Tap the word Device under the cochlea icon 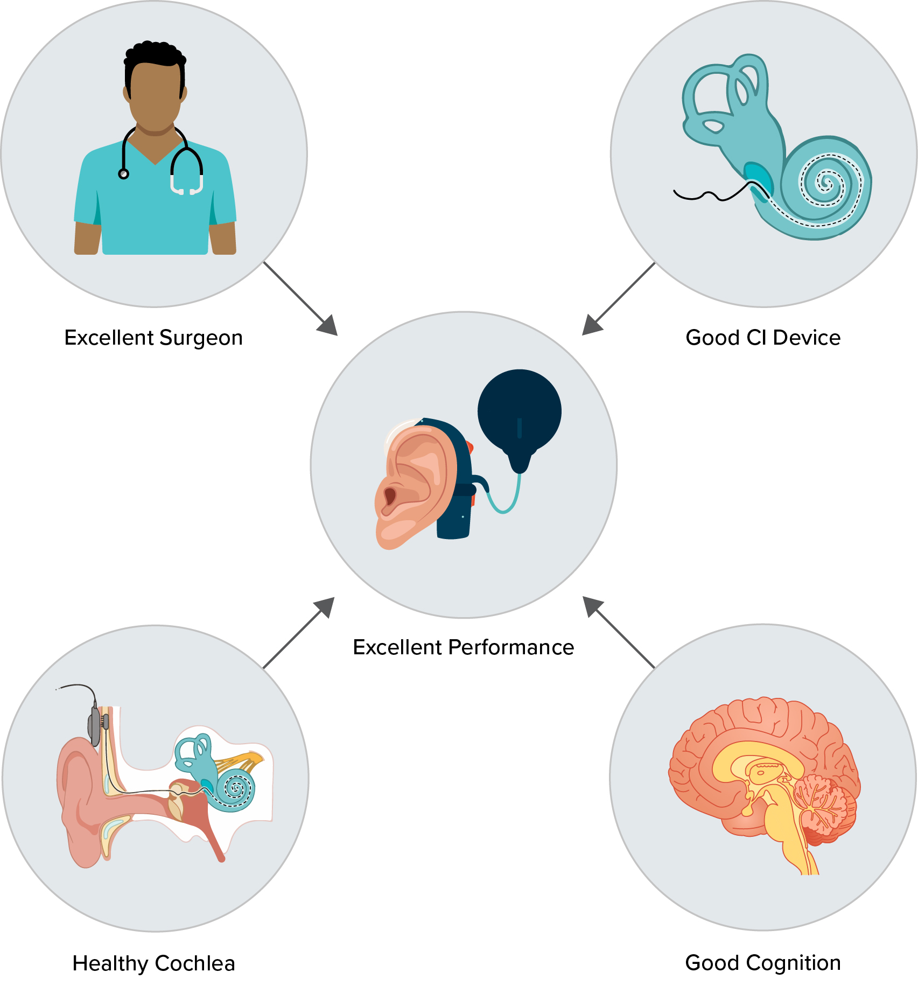807,338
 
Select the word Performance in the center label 511,647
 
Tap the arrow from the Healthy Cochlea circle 299,633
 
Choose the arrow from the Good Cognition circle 619,632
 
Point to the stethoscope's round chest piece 124,174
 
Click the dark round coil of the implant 520,412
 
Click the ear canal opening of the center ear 390,496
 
